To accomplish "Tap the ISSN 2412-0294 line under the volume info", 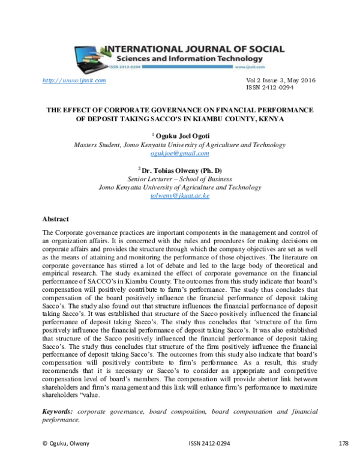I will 270,88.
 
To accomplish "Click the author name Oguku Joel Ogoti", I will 182,136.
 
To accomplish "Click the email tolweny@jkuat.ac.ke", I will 179,196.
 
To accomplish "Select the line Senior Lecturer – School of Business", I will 179,179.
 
